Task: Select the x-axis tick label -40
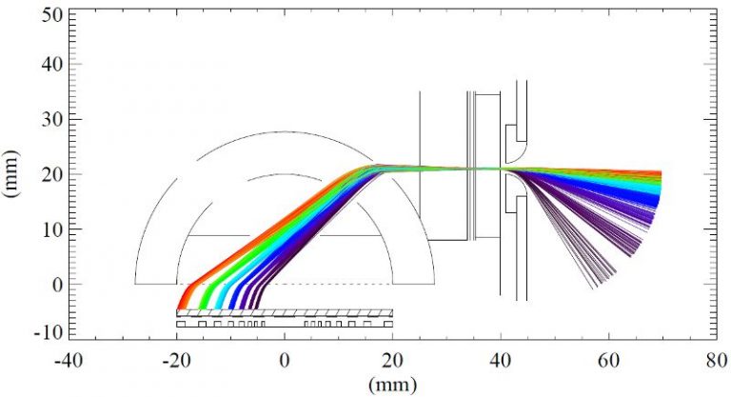(x=66, y=363)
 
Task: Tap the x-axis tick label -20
(x=175, y=363)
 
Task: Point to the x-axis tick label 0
(x=285, y=363)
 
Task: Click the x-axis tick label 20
(x=392, y=363)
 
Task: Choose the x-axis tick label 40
(x=501, y=363)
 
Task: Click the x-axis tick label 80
(x=716, y=363)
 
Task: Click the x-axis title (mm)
(x=392, y=384)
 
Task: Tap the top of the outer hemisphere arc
(x=285, y=131)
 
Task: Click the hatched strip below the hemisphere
(x=285, y=312)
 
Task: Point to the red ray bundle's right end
(x=660, y=173)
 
